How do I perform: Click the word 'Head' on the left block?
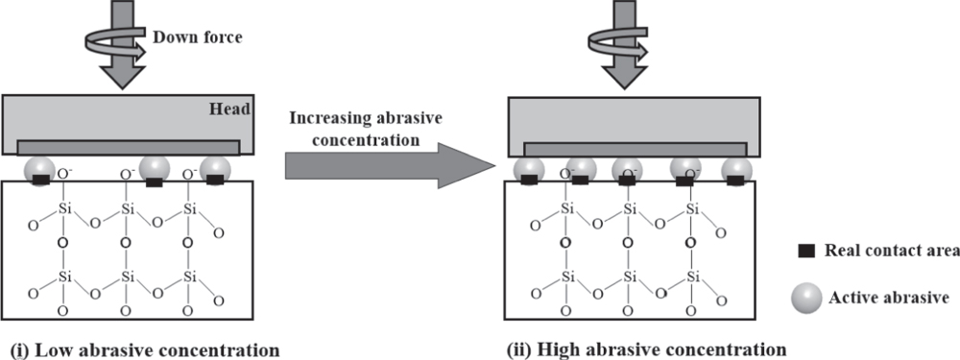(231, 109)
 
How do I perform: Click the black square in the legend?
(806, 252)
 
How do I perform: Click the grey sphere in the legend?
(806, 299)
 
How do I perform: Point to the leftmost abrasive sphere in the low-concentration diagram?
(42, 167)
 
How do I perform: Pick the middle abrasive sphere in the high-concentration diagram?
(626, 168)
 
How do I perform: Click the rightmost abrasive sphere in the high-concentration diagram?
(737, 168)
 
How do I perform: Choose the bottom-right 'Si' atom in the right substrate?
(692, 276)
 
